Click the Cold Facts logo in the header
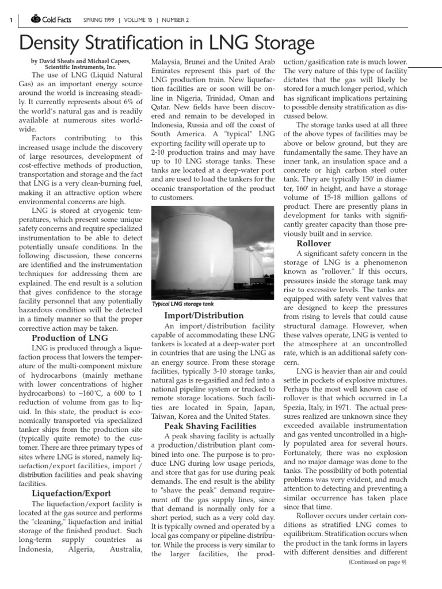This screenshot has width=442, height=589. pyautogui.click(x=52, y=20)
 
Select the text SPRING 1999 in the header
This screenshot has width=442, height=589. pyautogui.click(x=98, y=20)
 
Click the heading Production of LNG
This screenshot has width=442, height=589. pyautogui.click(x=69, y=338)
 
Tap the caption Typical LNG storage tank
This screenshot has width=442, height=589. pyautogui.click(x=182, y=304)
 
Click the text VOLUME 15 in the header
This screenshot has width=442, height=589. pyautogui.click(x=139, y=20)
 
